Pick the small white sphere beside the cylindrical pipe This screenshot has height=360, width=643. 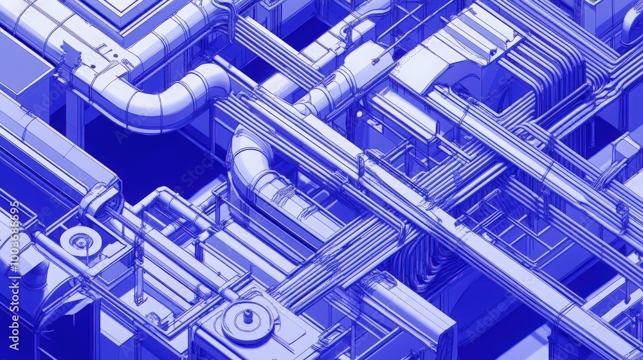click(358, 114)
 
